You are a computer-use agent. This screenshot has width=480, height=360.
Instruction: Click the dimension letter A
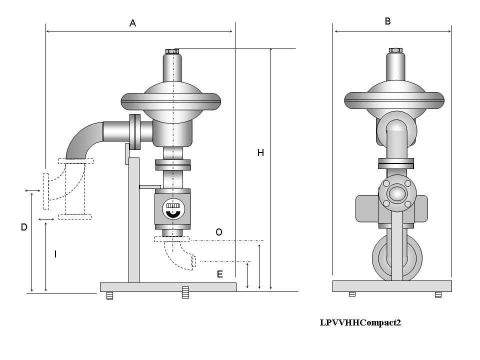(x=133, y=23)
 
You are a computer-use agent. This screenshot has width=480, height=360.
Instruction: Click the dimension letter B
(x=388, y=21)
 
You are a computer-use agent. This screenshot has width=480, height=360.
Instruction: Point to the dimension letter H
(x=260, y=153)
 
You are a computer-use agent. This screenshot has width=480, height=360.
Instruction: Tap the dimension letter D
(x=23, y=227)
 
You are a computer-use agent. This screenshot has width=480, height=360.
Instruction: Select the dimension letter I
(x=55, y=254)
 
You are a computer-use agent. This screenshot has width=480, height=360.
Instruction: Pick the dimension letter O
(x=218, y=232)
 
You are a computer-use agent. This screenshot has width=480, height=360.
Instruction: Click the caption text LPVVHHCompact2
(x=360, y=322)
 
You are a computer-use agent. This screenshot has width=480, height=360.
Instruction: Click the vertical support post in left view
(x=134, y=220)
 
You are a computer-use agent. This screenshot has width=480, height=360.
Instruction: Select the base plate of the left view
(x=168, y=287)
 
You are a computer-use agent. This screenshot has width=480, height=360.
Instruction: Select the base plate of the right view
(x=392, y=286)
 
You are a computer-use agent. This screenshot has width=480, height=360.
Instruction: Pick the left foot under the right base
(x=352, y=294)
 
